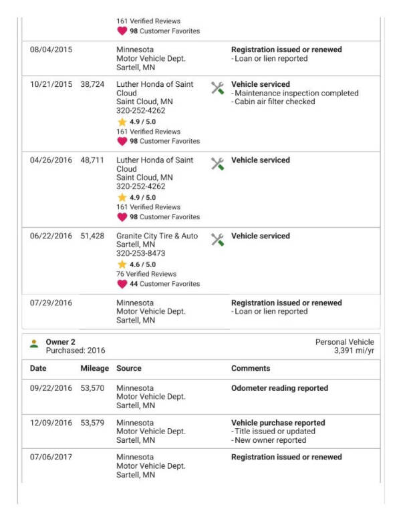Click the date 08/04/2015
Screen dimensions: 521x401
(x=51, y=49)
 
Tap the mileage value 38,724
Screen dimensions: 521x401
(x=93, y=85)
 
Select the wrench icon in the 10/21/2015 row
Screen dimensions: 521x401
(x=217, y=88)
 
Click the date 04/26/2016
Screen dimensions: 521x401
(x=51, y=160)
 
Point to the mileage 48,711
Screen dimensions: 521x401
(x=93, y=160)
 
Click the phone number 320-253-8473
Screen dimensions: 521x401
(x=141, y=254)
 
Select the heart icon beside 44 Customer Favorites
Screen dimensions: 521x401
(x=122, y=284)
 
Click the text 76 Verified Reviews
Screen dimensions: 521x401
(x=146, y=274)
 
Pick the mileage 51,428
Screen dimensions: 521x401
(x=93, y=236)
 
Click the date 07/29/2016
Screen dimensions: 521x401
(x=51, y=303)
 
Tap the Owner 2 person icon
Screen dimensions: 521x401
(x=34, y=345)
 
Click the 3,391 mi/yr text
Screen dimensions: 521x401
(x=354, y=350)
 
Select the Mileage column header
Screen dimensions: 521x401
(x=94, y=368)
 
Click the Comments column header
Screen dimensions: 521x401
(x=251, y=368)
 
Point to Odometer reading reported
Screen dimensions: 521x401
(x=279, y=388)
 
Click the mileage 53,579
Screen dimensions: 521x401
(x=93, y=423)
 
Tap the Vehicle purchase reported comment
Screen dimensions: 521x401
(x=278, y=423)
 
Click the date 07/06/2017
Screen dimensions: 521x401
(x=51, y=458)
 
